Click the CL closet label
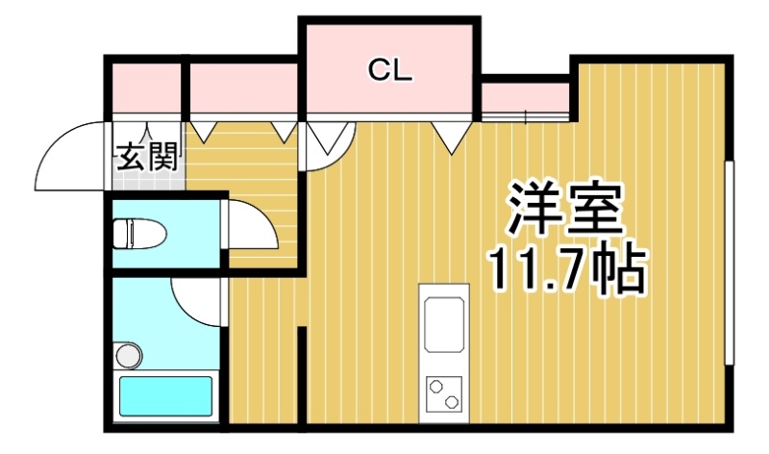pyautogui.click(x=390, y=70)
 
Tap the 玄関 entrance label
pyautogui.click(x=147, y=157)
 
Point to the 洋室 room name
pyautogui.click(x=565, y=209)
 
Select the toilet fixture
pyautogui.click(x=139, y=234)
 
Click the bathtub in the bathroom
pyautogui.click(x=166, y=396)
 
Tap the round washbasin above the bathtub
pyautogui.click(x=129, y=355)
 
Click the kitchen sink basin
pyautogui.click(x=444, y=324)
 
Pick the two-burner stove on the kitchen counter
pyautogui.click(x=444, y=394)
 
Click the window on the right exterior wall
pyautogui.click(x=730, y=263)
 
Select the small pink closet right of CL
pyautogui.click(x=525, y=97)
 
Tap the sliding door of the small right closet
pyautogui.click(x=525, y=116)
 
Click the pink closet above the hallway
pyautogui.click(x=244, y=88)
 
